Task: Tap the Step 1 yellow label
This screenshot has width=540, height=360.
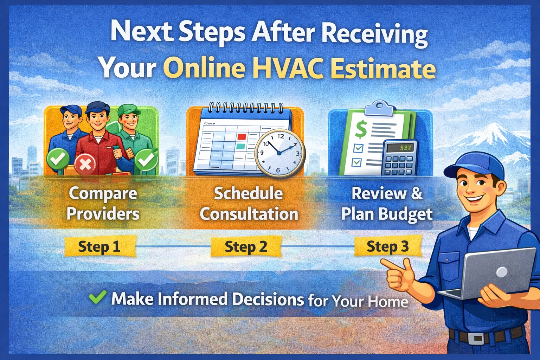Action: pos(99,246)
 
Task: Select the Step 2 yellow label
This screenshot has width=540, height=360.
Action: pos(246,246)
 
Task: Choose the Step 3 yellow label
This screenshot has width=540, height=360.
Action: pos(388,246)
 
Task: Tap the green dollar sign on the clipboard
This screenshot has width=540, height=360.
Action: pos(361,129)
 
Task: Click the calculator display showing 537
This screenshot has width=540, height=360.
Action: pos(405,148)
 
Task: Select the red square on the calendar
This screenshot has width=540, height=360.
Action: pos(242,136)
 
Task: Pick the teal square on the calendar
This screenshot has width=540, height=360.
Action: pos(241,146)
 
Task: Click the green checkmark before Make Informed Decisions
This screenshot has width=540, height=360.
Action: pos(97,297)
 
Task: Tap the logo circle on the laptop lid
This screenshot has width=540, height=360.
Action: pos(501,272)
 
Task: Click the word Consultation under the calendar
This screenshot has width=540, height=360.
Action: pos(249,214)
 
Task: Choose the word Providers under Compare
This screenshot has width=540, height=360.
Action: pos(103,214)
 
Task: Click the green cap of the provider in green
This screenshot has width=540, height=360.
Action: pos(129,110)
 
